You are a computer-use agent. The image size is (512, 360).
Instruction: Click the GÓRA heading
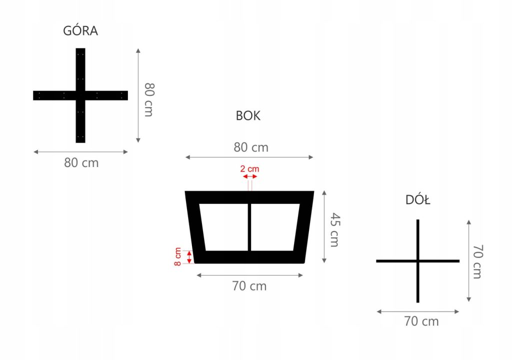80,31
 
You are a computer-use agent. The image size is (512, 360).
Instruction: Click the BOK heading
248,116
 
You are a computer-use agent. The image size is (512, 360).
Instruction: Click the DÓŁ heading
418,200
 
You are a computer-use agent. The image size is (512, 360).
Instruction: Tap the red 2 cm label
249,169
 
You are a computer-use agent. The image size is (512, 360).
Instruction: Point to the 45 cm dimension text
334,229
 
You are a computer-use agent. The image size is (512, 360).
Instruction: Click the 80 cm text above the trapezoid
251,147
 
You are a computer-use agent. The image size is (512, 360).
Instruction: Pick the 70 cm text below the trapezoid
249,286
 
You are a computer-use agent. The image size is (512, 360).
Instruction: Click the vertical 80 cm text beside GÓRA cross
148,99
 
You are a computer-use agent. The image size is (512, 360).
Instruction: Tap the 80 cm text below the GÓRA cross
81,163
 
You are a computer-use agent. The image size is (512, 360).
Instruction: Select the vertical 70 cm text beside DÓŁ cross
477,261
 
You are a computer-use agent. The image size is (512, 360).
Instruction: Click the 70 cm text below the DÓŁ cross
421,321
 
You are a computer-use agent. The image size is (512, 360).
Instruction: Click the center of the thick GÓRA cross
80,95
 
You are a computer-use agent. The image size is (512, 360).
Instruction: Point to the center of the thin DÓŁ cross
417,261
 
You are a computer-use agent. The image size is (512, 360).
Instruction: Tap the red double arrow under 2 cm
249,176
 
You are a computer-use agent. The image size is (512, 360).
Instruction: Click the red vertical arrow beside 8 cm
189,257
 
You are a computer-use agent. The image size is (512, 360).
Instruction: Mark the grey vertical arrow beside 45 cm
325,226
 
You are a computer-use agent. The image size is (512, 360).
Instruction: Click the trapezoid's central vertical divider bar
249,227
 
